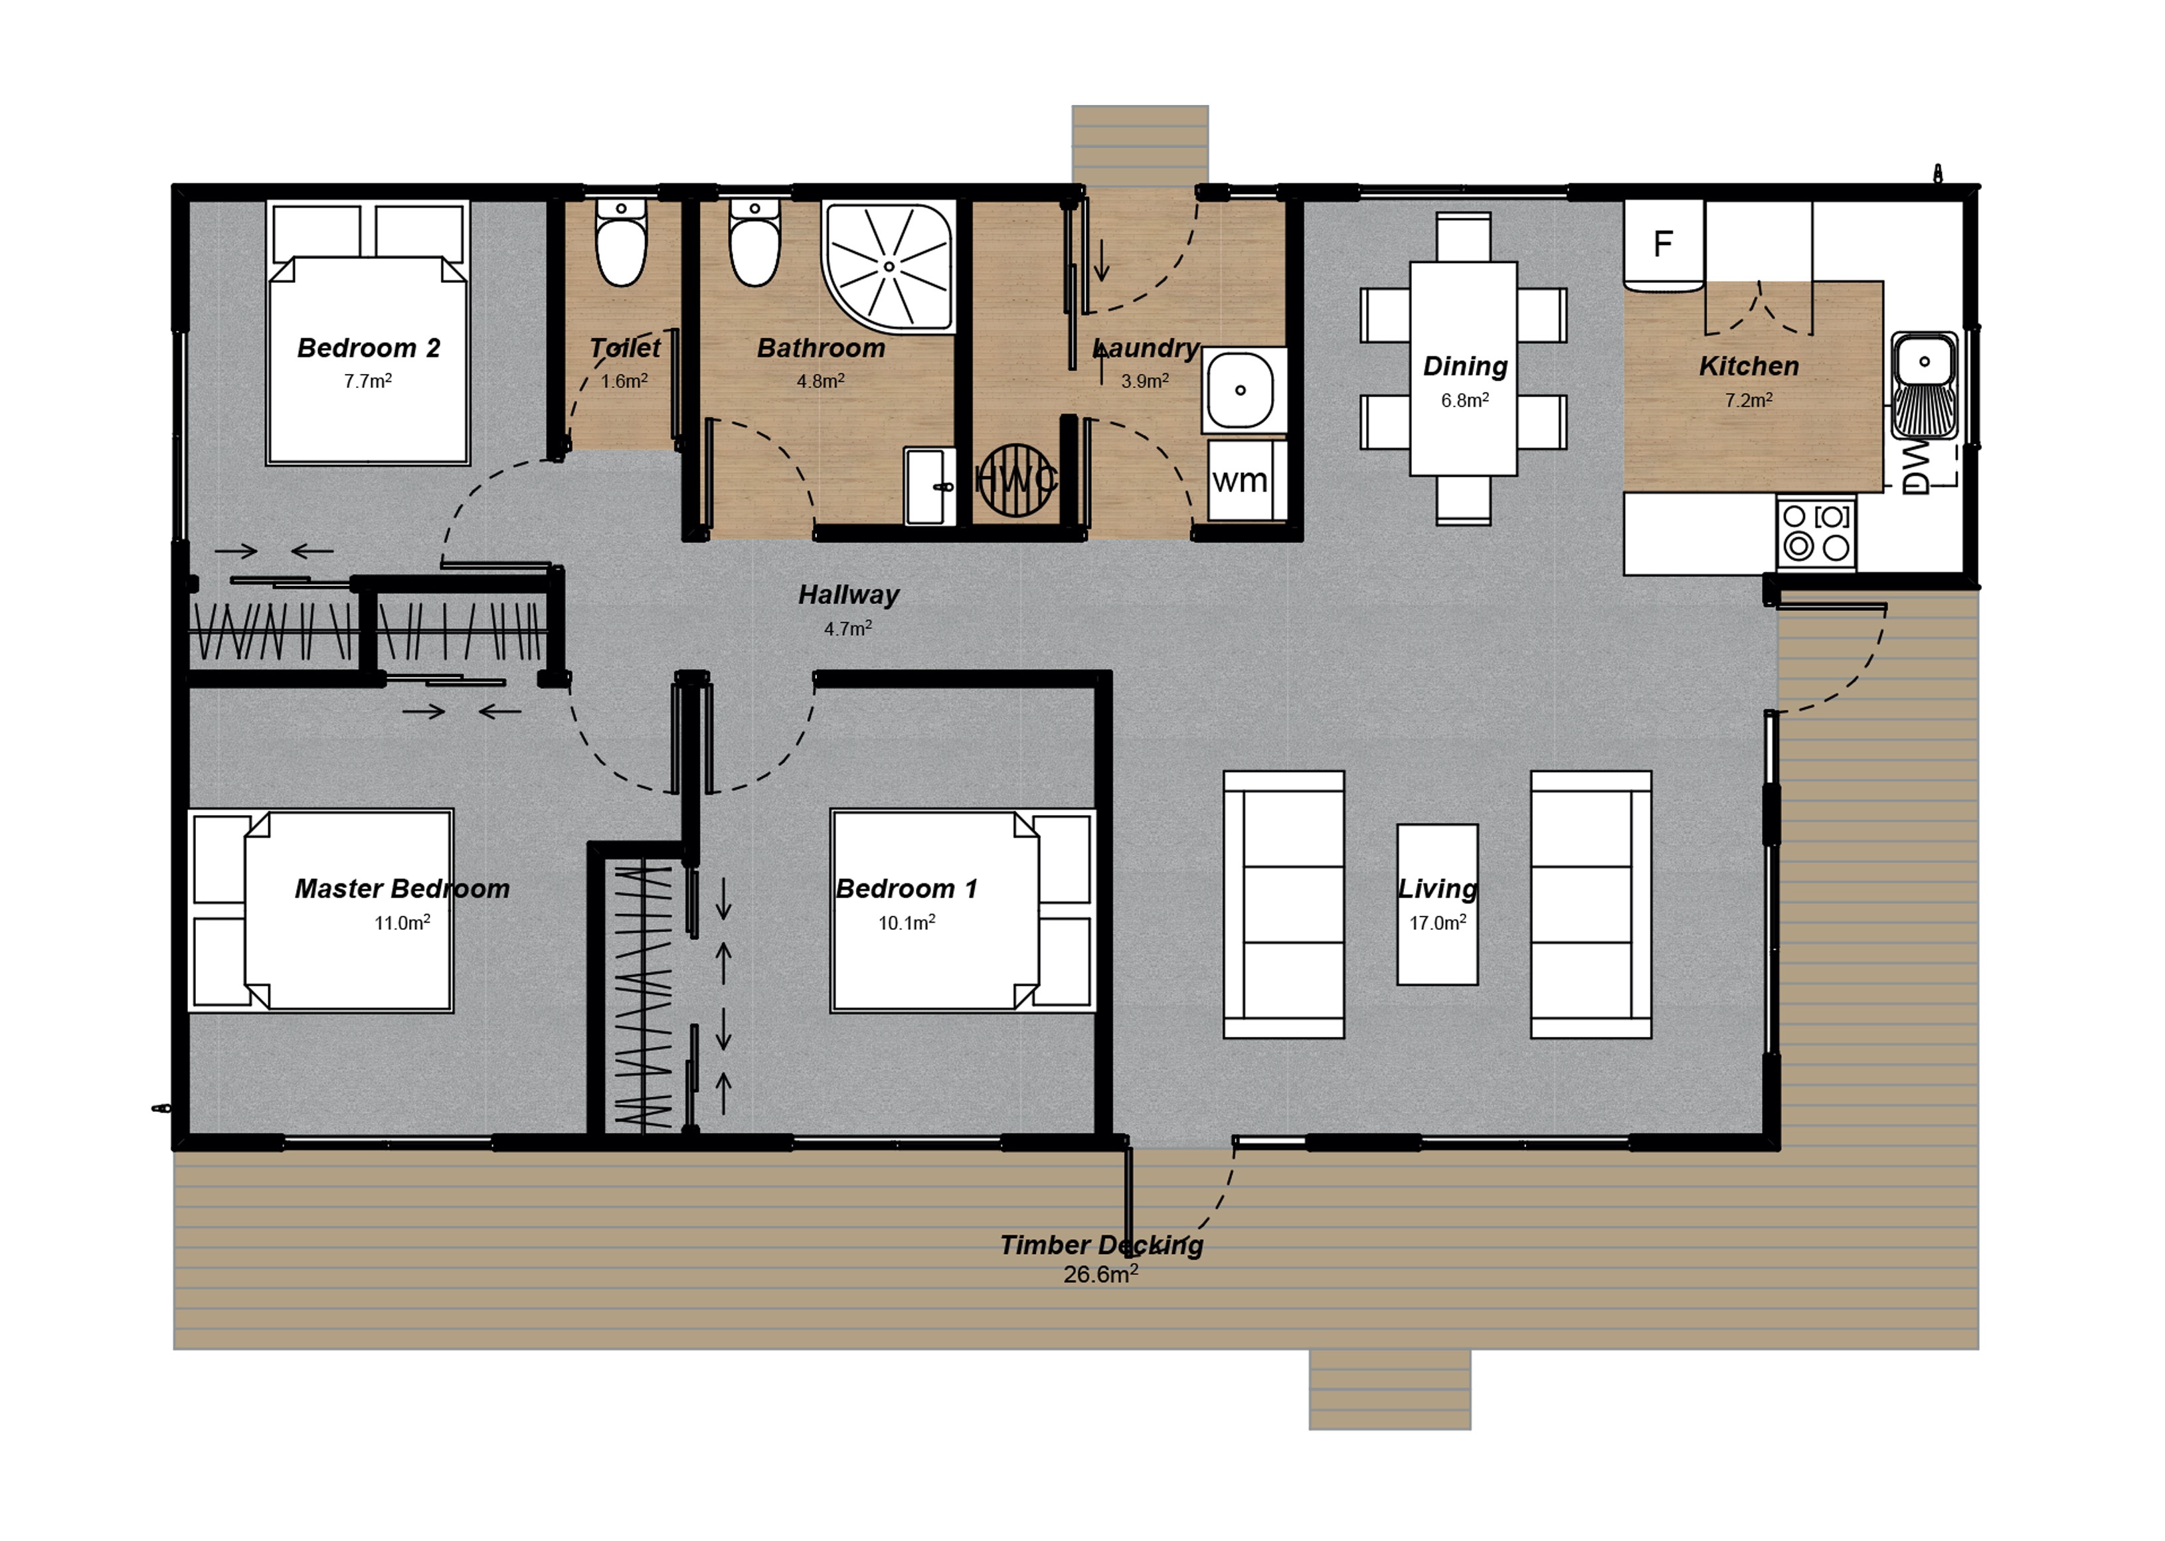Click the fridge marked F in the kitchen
(1662, 244)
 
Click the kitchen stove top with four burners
(1816, 532)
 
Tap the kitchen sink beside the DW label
(1924, 385)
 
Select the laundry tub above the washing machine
(1240, 390)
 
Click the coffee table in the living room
(1436, 903)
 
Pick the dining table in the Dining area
(1463, 368)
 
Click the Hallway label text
(848, 595)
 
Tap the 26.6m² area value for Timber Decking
(1100, 1275)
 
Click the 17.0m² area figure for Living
(1437, 923)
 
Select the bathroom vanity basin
(926, 486)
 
